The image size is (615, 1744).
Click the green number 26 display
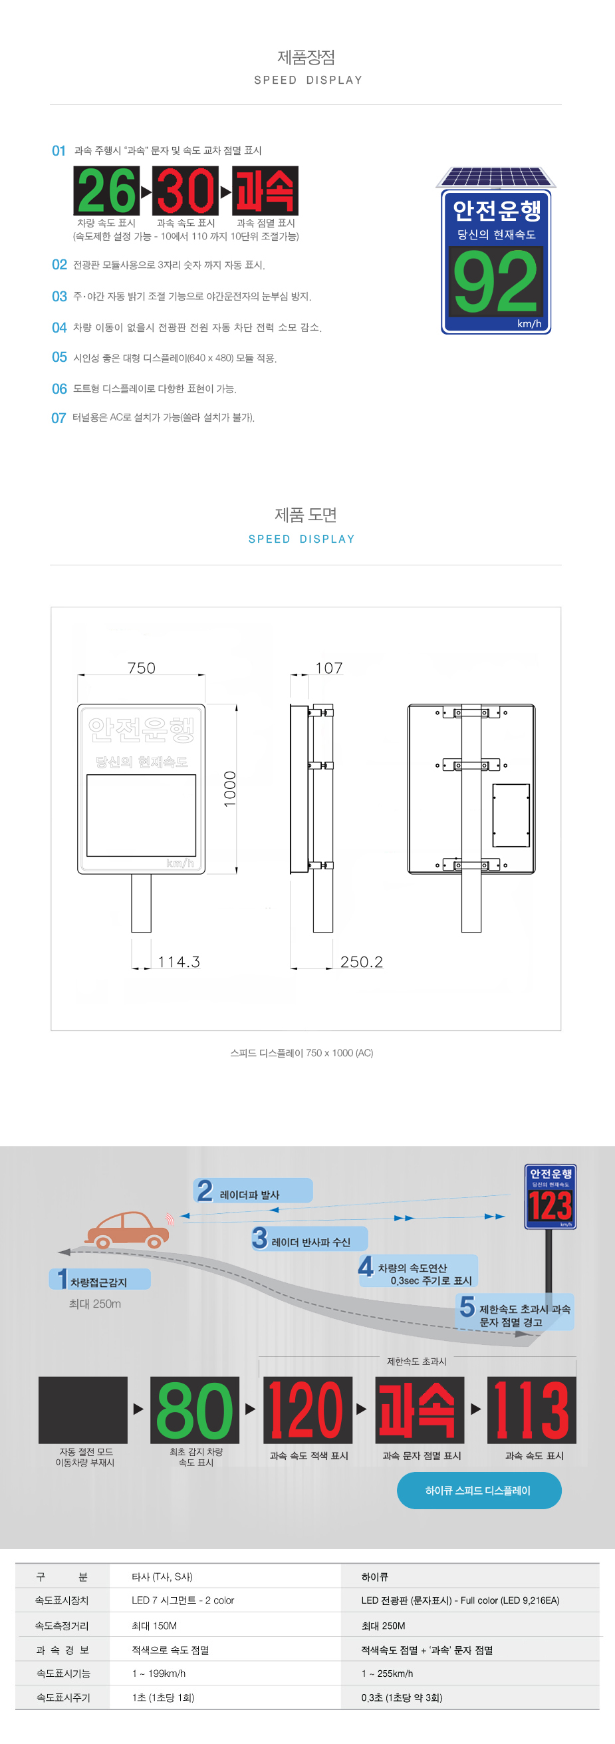click(106, 191)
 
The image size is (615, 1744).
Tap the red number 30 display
click(185, 191)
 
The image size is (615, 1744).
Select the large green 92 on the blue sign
click(496, 281)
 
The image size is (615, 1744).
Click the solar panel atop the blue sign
click(496, 178)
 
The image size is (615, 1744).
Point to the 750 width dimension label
click(142, 668)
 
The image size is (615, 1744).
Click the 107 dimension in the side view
click(329, 668)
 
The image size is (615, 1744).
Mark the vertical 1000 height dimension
click(230, 789)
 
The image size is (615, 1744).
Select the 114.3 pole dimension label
click(179, 962)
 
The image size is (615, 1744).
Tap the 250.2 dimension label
click(361, 962)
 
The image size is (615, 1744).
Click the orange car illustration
click(128, 1229)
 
